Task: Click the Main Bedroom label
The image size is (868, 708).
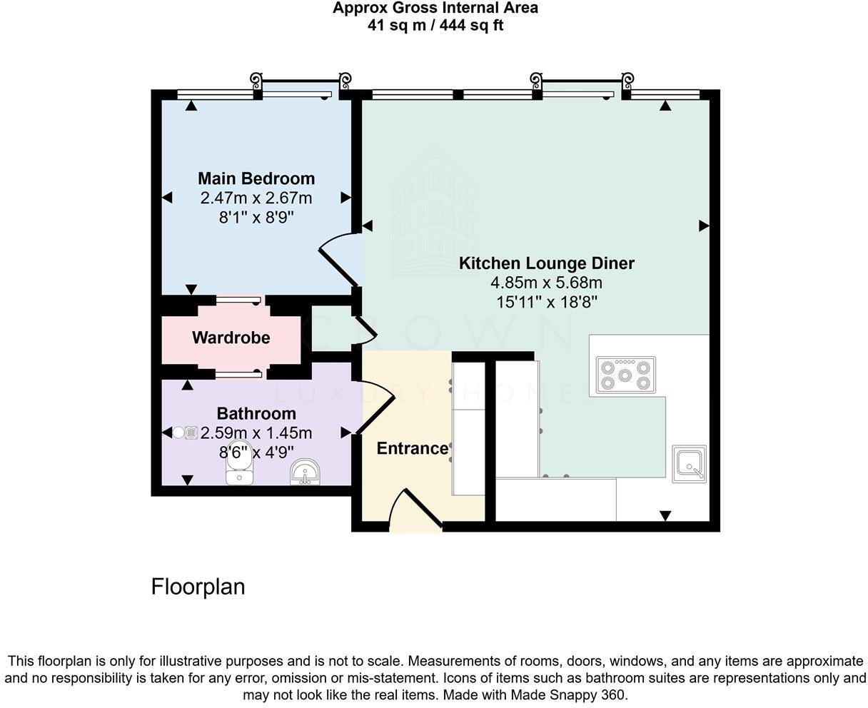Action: (256, 178)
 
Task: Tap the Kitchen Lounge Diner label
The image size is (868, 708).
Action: (546, 263)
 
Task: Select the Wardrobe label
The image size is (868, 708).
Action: (231, 338)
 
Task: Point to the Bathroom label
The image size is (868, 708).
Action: (256, 413)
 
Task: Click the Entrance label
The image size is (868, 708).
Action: (412, 448)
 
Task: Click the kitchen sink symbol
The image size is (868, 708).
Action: (689, 463)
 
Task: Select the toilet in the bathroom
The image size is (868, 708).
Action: (238, 469)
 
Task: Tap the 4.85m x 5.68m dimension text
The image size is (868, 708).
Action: (546, 283)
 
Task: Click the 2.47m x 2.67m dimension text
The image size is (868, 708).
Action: (256, 198)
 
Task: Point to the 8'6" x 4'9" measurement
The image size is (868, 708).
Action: (256, 452)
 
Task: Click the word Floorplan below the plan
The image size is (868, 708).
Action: (198, 587)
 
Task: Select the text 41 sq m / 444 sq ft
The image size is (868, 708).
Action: (435, 26)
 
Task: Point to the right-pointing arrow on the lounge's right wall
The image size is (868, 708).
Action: (704, 226)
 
